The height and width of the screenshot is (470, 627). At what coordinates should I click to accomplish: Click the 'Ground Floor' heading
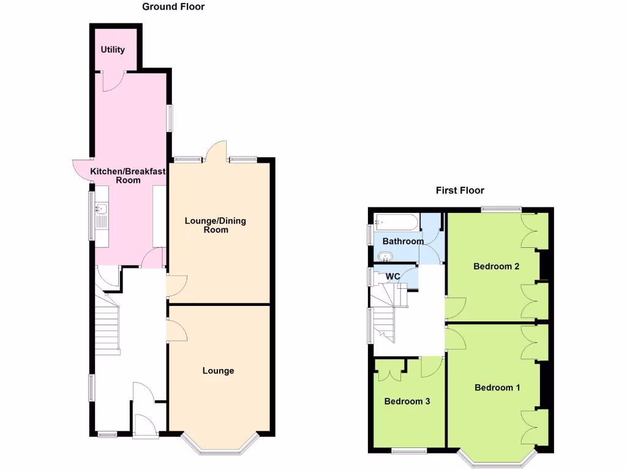(x=173, y=7)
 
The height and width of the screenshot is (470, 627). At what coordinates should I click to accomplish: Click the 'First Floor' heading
(x=460, y=190)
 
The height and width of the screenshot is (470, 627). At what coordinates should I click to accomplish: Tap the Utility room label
(x=113, y=50)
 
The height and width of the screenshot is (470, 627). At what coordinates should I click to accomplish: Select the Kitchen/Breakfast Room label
(x=129, y=176)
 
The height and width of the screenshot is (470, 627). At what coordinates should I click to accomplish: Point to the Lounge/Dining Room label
(x=216, y=225)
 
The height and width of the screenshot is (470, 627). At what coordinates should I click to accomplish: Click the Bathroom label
(x=403, y=241)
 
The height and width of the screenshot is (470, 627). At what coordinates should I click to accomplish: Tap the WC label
(x=392, y=277)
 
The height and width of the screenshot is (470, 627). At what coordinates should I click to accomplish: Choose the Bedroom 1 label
(x=497, y=387)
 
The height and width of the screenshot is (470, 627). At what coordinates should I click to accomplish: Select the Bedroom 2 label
(x=496, y=266)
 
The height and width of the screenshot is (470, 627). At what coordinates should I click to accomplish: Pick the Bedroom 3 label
(x=407, y=401)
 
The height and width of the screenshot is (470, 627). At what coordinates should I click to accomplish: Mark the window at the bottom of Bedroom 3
(x=409, y=451)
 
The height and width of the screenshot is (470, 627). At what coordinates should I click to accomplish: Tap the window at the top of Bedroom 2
(x=501, y=209)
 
